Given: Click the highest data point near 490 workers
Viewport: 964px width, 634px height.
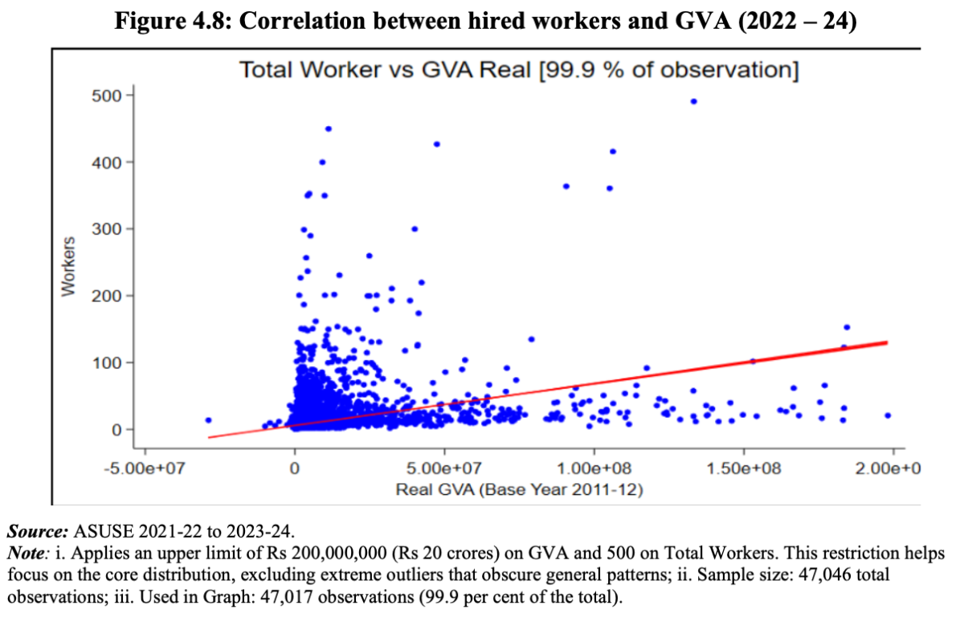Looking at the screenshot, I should [x=693, y=101].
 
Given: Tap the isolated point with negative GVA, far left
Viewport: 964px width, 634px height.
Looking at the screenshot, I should [x=208, y=419].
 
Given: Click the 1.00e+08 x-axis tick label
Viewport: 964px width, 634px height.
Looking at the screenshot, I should [x=594, y=468].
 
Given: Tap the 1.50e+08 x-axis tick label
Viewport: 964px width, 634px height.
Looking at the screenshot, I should [x=744, y=468].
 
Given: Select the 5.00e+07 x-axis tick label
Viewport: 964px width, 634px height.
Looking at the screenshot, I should [x=444, y=468].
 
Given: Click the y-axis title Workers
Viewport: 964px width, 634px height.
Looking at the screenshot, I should [x=69, y=266].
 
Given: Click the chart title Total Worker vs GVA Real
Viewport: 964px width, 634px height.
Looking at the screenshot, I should [x=519, y=71].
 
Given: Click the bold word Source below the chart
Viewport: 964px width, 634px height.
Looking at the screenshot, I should [x=36, y=532].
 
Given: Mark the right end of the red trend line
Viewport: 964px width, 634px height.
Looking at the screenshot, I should [x=886, y=342].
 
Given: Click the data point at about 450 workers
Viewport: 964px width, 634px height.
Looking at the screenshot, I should [x=328, y=129].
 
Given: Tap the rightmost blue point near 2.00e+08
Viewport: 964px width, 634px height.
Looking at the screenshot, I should [x=888, y=415].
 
